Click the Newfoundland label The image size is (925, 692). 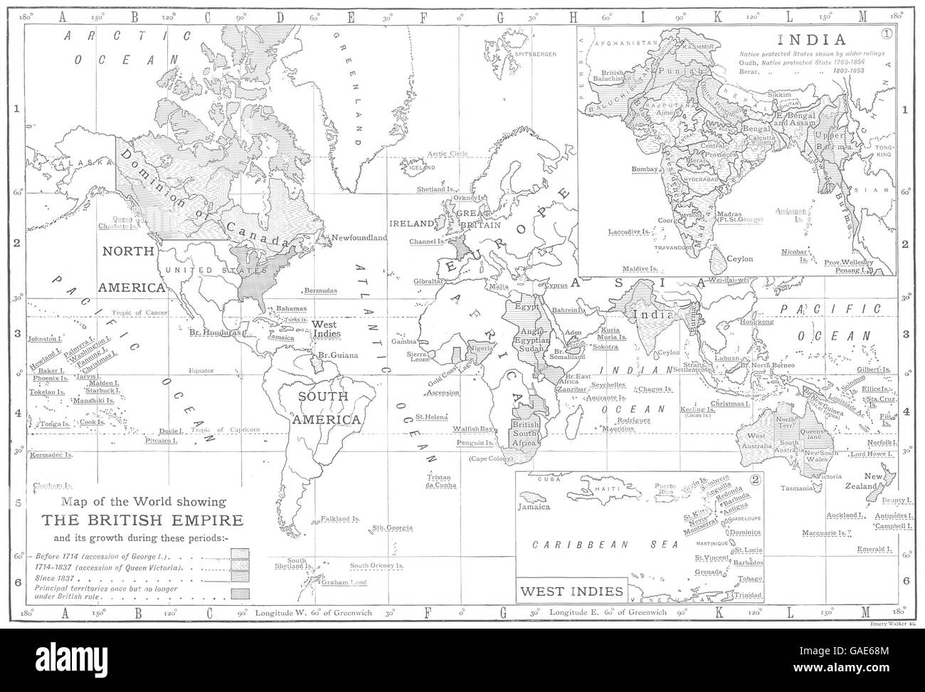tap(357, 237)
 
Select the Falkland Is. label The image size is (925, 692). tap(339, 520)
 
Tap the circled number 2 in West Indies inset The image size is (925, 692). tap(756, 478)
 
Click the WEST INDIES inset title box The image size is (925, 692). tap(571, 591)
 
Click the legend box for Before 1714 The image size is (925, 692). tap(239, 553)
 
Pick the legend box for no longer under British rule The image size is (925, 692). tap(239, 593)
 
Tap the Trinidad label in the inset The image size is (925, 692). tap(749, 594)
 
